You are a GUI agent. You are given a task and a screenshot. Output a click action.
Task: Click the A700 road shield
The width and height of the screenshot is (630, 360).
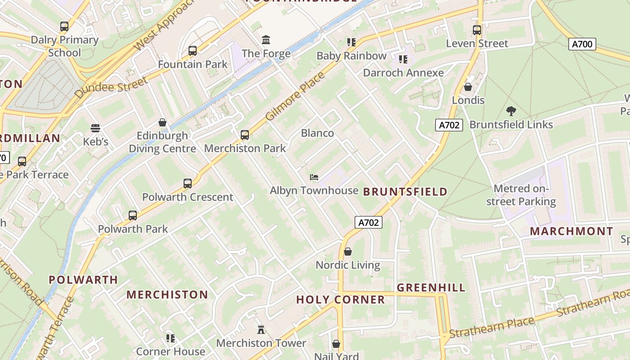[x=582, y=44]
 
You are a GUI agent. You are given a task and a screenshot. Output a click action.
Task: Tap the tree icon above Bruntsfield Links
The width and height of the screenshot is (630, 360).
[x=511, y=111]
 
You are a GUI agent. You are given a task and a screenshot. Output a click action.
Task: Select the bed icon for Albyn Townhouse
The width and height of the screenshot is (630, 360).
[x=314, y=177]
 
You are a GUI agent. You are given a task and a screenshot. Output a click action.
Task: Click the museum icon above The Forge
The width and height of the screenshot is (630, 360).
[x=266, y=40]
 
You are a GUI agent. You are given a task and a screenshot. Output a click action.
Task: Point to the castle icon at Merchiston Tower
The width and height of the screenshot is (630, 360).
[x=261, y=330]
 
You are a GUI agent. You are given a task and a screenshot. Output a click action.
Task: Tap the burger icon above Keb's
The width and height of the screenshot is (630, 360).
[x=95, y=128]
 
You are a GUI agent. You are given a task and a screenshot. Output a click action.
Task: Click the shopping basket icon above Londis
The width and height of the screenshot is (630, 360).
[x=468, y=87]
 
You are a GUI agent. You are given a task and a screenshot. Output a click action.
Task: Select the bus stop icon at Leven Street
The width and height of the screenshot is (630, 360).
[x=477, y=30]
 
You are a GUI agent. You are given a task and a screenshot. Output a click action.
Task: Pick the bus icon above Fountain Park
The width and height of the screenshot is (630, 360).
[x=193, y=51]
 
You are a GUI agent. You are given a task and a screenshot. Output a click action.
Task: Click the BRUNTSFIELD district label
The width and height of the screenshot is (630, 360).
[x=405, y=192]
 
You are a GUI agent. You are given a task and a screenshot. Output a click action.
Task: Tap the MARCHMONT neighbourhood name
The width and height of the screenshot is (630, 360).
[x=571, y=231]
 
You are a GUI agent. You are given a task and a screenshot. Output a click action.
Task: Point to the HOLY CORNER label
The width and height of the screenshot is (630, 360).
[x=341, y=300]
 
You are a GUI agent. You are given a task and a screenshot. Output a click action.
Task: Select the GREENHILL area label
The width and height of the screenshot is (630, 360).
[x=431, y=288]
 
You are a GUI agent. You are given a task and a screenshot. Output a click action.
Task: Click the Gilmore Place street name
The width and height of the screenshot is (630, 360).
[x=295, y=96]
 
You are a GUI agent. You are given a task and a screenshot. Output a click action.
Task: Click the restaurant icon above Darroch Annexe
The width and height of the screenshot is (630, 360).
[x=403, y=59]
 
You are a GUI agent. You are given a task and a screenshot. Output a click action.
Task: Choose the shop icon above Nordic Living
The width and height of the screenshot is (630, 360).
[x=347, y=252]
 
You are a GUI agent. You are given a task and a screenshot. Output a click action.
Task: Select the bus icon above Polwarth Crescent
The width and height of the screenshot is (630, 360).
[x=188, y=184]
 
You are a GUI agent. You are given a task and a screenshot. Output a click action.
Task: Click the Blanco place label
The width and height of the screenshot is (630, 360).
[x=317, y=133]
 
